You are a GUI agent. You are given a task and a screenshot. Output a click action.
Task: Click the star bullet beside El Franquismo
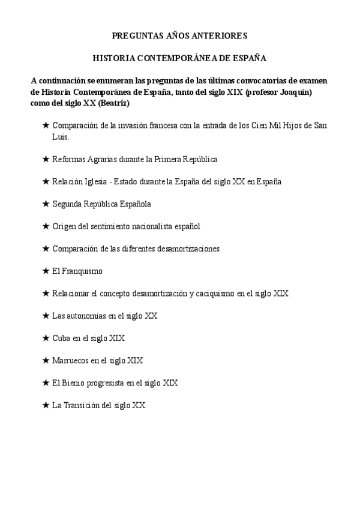pos(46,271)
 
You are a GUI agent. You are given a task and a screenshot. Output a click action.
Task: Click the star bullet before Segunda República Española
pos(46,204)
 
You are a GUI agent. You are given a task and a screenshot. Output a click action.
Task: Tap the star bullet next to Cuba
pos(46,338)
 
